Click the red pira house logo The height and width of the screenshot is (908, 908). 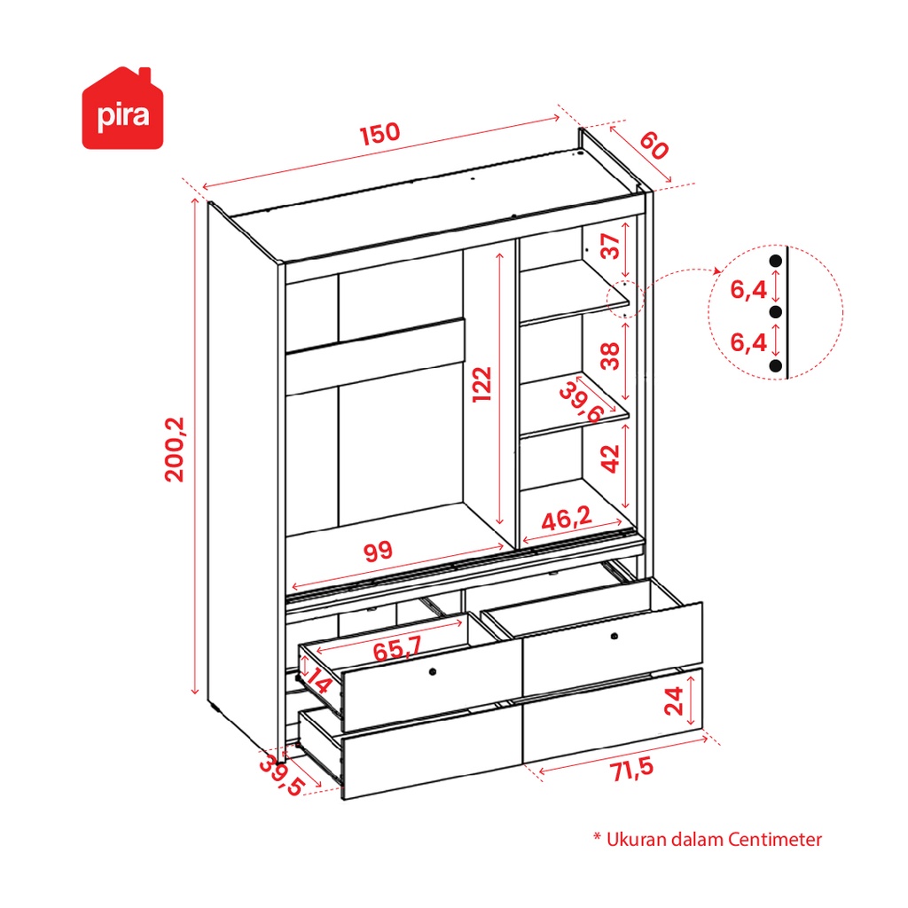(x=122, y=108)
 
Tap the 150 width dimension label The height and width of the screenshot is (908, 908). (x=380, y=133)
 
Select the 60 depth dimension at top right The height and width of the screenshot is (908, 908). (x=654, y=145)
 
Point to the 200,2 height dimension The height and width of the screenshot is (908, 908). (x=175, y=450)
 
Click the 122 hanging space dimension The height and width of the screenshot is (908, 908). (x=481, y=384)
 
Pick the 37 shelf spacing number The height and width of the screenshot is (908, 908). (x=610, y=247)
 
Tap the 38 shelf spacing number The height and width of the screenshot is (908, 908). (x=610, y=356)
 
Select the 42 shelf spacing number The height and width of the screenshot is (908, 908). (x=610, y=458)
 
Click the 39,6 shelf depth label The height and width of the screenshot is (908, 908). (x=582, y=402)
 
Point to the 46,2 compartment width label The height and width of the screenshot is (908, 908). (x=567, y=518)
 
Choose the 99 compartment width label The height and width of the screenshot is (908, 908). (x=378, y=551)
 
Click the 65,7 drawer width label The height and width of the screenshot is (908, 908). (x=397, y=648)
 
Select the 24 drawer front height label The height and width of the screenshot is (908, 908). (x=674, y=701)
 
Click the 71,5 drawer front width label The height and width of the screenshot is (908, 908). (x=631, y=770)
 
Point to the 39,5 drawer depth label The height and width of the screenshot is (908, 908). (x=281, y=776)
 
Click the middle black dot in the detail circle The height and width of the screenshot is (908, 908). (x=776, y=312)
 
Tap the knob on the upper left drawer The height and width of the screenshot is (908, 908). (x=433, y=672)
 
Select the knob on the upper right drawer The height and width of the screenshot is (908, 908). (x=614, y=636)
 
